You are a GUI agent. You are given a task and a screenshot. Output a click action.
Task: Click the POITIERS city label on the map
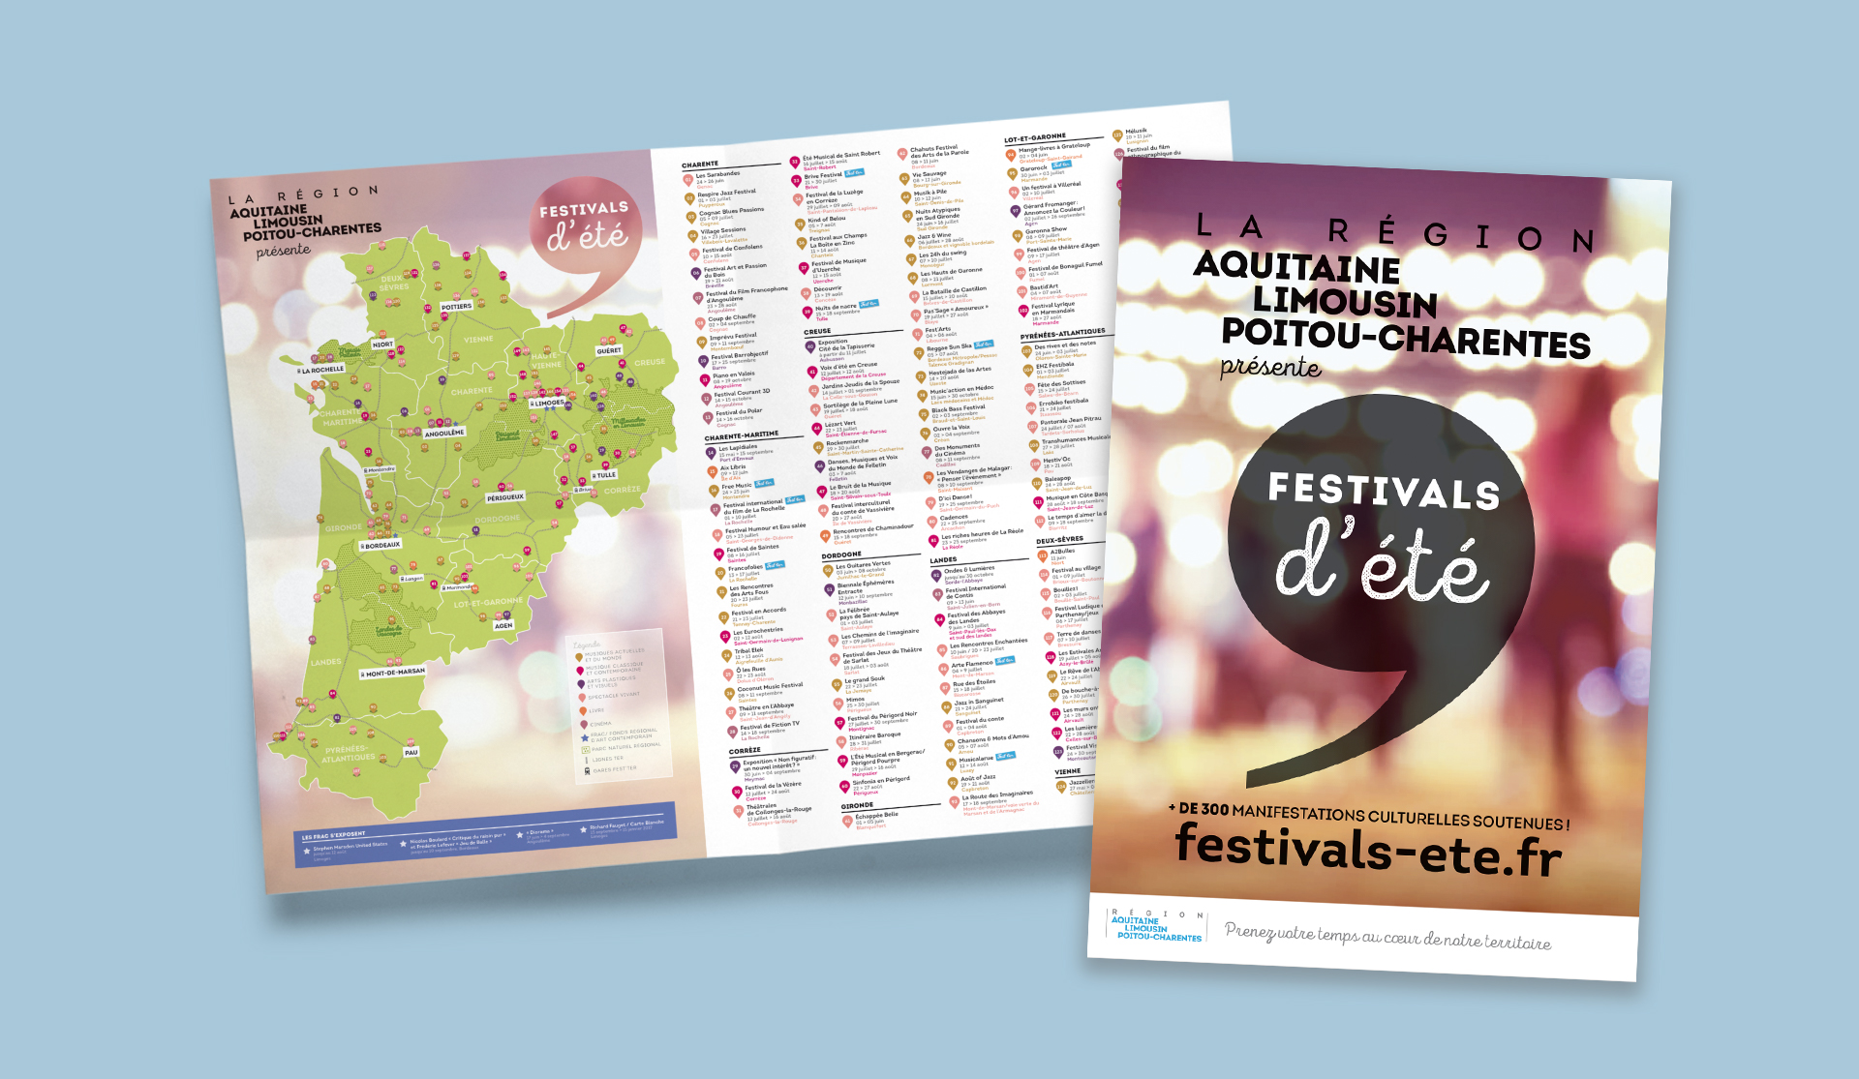[456, 307]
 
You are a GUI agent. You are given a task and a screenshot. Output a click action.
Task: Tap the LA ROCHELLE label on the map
[322, 370]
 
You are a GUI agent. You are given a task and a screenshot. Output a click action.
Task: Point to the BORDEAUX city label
[381, 545]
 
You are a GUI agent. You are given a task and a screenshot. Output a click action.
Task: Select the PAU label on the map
[411, 752]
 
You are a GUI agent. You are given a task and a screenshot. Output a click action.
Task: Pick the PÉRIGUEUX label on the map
[505, 497]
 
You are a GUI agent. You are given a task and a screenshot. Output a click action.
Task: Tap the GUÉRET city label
[609, 351]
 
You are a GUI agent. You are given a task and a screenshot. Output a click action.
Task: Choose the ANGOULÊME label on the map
[444, 434]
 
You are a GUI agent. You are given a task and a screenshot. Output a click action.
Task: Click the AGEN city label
[503, 625]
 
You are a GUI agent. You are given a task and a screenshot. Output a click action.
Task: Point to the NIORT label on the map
[383, 345]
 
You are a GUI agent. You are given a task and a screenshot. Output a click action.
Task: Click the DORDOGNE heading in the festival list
[841, 554]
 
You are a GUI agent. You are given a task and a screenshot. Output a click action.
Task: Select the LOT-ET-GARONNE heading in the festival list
[1035, 138]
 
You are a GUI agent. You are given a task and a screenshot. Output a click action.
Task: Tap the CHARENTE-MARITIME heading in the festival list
[741, 435]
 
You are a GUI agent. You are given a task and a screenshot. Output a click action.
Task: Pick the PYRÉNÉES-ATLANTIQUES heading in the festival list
[1062, 334]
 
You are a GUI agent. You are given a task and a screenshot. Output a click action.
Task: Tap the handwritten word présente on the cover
[1270, 367]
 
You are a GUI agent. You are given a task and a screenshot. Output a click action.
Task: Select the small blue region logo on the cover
[1158, 926]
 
